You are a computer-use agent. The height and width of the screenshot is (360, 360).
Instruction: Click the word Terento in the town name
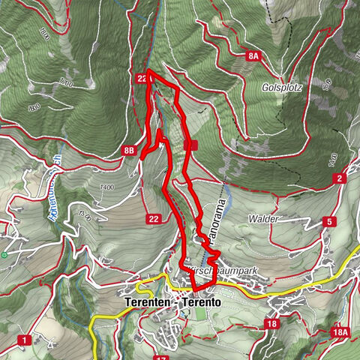coord(198,304)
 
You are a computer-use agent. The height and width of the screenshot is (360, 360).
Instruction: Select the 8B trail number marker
coord(130,152)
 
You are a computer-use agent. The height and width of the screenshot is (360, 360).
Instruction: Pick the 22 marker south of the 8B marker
coord(154,219)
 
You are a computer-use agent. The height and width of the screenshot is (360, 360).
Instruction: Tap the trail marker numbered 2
coord(340,178)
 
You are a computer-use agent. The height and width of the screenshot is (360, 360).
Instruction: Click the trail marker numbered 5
coord(328,221)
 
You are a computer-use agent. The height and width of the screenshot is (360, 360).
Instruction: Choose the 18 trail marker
coord(271,323)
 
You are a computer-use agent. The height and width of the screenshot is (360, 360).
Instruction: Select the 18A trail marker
coord(341,331)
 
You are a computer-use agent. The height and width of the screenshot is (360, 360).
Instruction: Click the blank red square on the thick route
coord(190,145)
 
